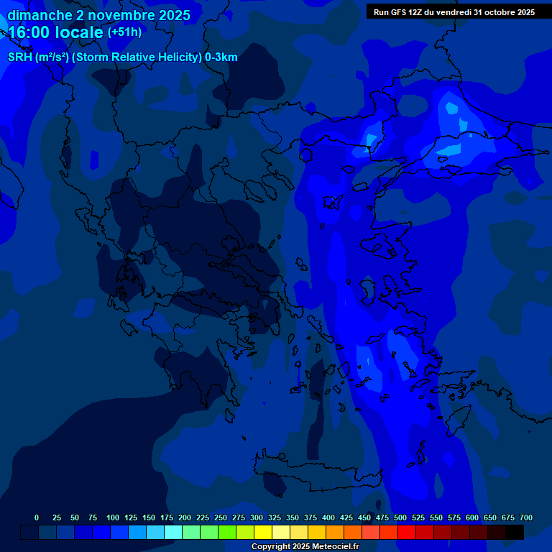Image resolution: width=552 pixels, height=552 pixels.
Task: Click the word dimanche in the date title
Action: [39, 15]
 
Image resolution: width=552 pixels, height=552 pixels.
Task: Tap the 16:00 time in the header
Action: [28, 33]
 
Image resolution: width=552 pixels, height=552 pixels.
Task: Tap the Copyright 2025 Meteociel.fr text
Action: [305, 546]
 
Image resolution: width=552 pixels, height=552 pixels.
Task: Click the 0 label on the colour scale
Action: [37, 517]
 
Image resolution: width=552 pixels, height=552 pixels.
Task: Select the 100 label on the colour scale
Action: [113, 517]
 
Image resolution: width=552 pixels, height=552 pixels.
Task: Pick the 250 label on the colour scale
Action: [221, 517]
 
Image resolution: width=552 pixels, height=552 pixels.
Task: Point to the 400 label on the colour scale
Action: [328, 517]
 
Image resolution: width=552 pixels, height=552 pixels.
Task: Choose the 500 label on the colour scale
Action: [400, 517]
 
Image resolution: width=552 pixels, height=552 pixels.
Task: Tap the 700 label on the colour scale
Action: [526, 517]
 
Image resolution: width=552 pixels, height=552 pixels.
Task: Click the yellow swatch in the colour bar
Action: [263, 532]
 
